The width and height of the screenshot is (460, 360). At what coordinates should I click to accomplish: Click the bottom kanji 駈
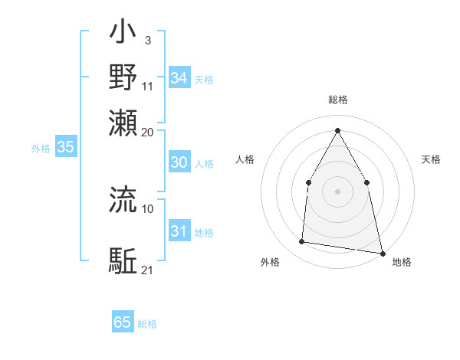click(123, 260)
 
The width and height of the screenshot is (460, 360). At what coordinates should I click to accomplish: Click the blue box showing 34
click(179, 78)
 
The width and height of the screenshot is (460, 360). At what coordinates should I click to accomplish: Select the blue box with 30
click(179, 162)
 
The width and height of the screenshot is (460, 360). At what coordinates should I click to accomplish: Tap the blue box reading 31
click(179, 231)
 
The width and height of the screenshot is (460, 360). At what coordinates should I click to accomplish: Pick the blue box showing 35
click(65, 148)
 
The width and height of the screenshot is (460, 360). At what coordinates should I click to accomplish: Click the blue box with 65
click(123, 322)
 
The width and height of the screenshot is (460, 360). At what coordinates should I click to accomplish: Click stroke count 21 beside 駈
click(148, 270)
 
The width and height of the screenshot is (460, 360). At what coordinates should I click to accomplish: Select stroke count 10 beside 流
click(148, 208)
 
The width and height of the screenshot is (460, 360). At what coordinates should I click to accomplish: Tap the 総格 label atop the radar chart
click(337, 100)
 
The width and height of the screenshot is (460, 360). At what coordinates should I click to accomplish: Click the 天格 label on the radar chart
click(431, 159)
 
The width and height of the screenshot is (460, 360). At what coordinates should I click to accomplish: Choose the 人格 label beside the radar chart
click(245, 159)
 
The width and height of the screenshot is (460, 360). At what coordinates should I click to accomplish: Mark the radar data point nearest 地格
click(382, 253)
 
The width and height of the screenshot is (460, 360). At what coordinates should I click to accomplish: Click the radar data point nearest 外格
click(302, 242)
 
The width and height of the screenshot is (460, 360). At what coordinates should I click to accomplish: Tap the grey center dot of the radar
click(337, 191)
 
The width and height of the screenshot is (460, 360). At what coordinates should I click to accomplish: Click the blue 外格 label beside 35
click(41, 149)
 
